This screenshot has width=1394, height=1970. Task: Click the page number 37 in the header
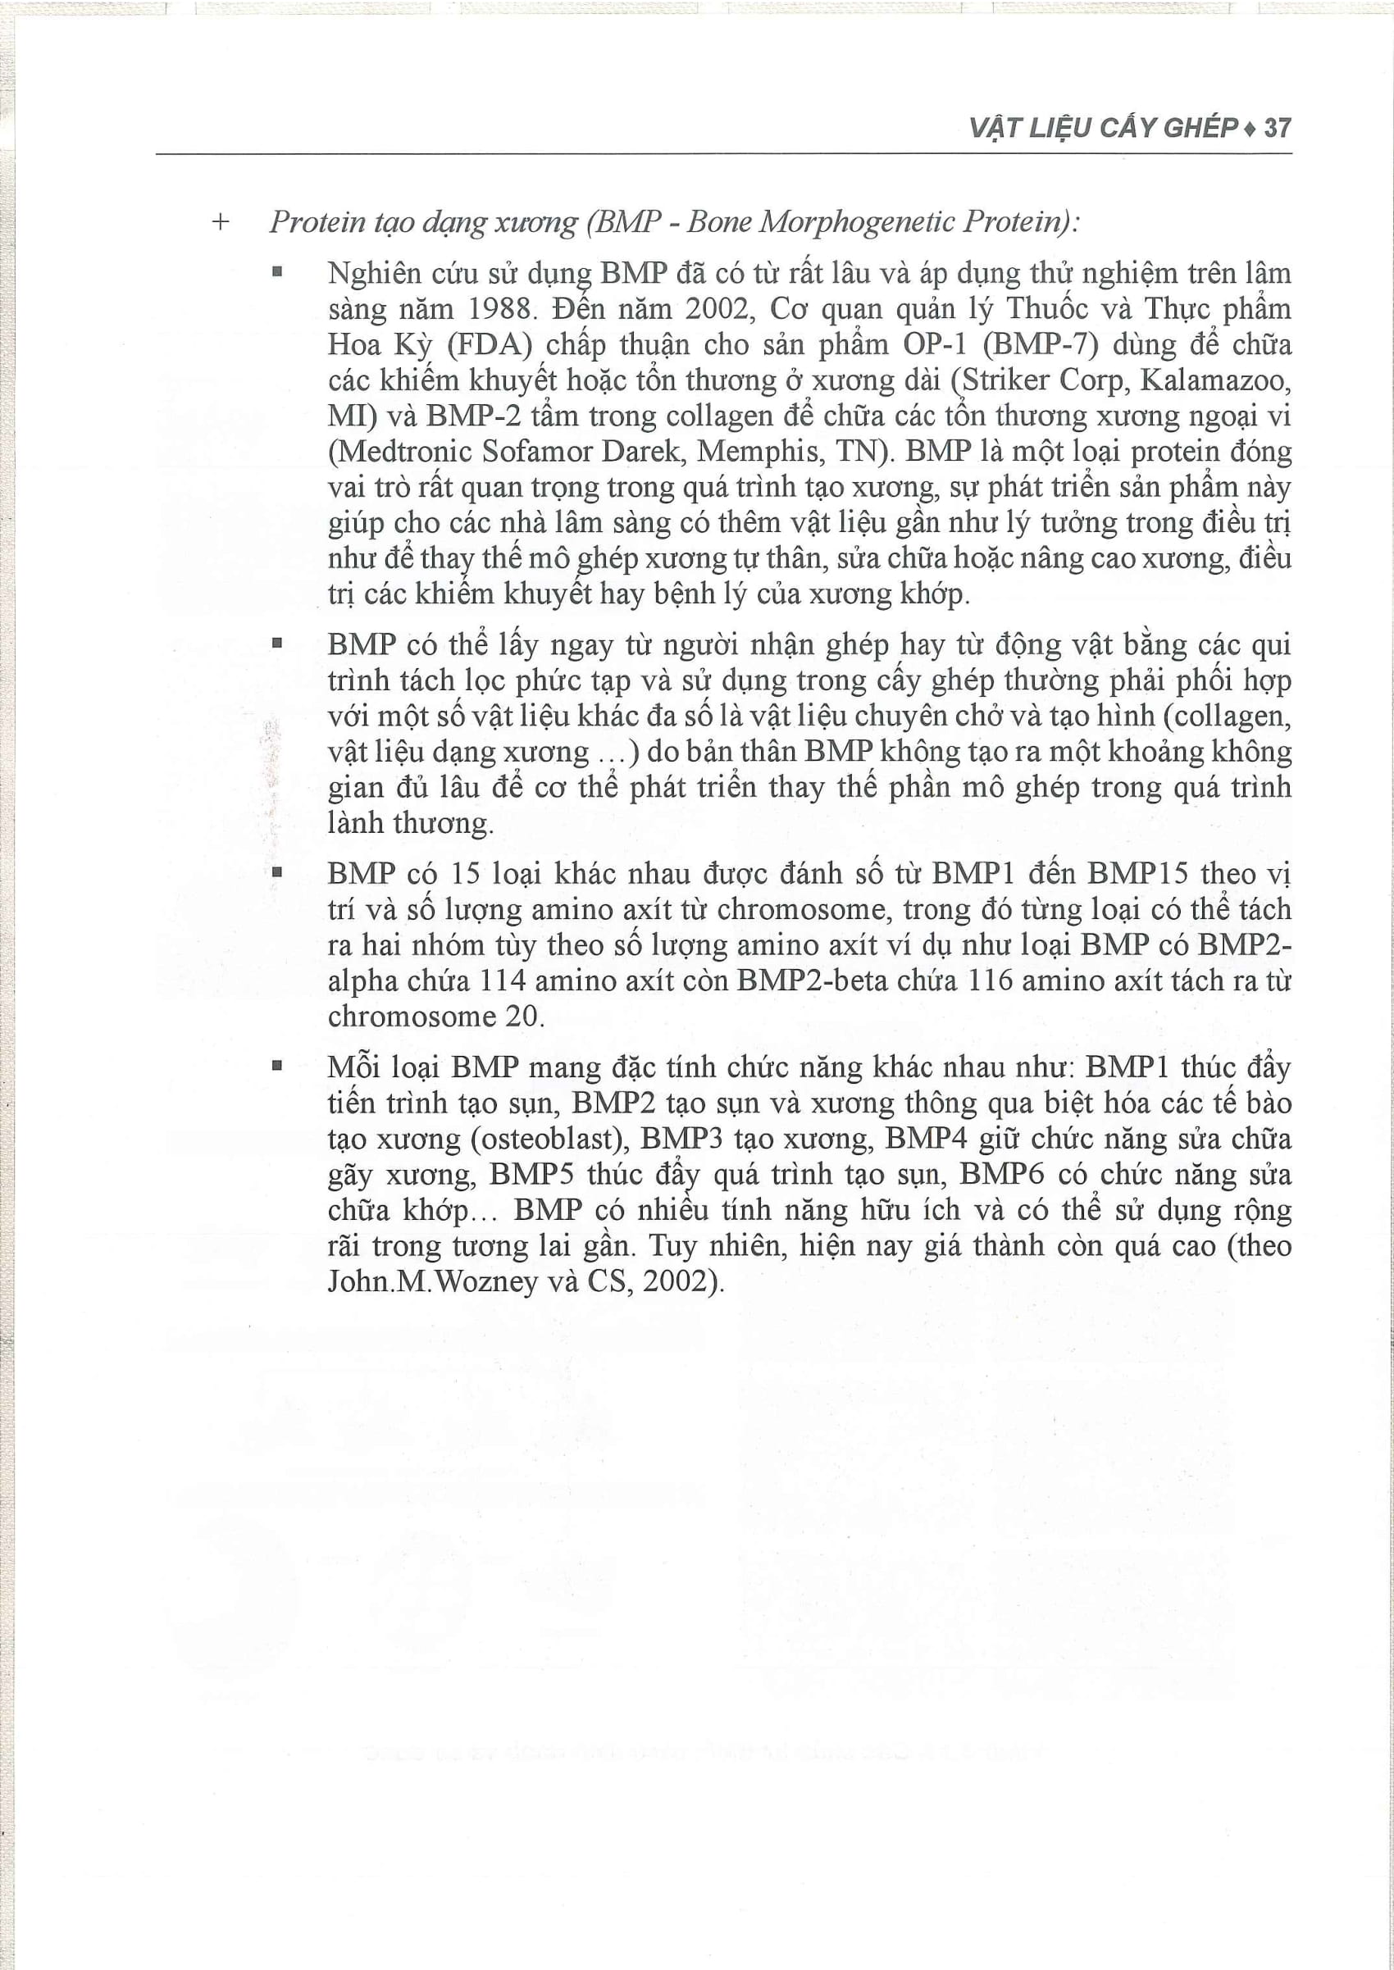[1278, 128]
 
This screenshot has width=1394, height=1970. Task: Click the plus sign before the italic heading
[221, 222]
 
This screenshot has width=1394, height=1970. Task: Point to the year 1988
[499, 309]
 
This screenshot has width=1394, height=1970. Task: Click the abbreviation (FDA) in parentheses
[490, 345]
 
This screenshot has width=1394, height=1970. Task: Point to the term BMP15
[1137, 873]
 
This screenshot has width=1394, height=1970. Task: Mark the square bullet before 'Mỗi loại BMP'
[276, 1067]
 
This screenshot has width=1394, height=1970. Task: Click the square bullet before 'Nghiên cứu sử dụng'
[276, 273]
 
